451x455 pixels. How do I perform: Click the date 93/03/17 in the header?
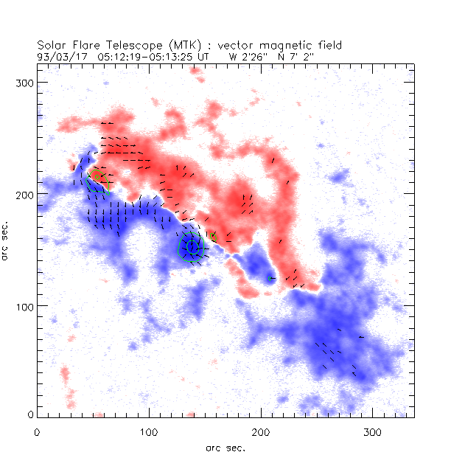pyautogui.click(x=60, y=55)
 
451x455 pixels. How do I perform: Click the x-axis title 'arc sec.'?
pyautogui.click(x=225, y=447)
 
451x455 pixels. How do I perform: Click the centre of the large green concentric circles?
pyautogui.click(x=192, y=247)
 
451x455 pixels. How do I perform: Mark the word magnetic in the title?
pyautogui.click(x=291, y=44)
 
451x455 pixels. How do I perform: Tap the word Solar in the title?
pyautogui.click(x=53, y=44)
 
